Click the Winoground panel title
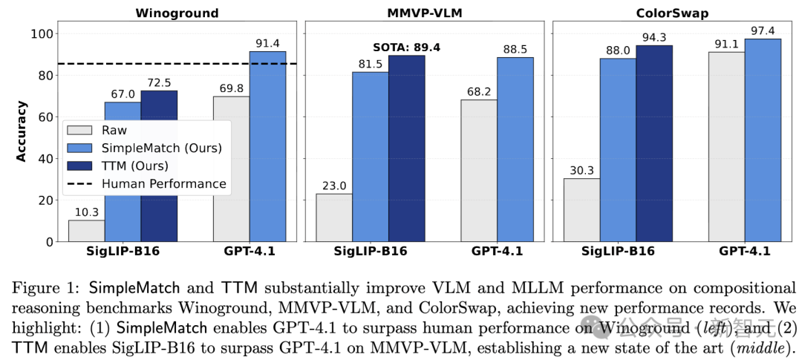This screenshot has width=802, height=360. tap(177, 13)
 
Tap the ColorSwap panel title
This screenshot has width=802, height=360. tap(672, 13)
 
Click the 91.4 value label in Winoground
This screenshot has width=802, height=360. tap(267, 44)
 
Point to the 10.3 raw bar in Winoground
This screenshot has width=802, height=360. tap(86, 231)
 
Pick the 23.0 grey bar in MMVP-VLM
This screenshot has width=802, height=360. tap(334, 217)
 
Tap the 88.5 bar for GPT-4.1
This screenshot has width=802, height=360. tap(515, 149)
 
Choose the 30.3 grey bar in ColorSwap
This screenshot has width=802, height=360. tap(581, 210)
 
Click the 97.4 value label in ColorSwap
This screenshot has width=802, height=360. tap(763, 31)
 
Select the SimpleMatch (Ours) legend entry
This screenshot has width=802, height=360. tap(149, 147)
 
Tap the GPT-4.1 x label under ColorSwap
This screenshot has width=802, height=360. tap(745, 251)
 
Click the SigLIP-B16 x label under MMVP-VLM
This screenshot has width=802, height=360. tap(370, 251)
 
